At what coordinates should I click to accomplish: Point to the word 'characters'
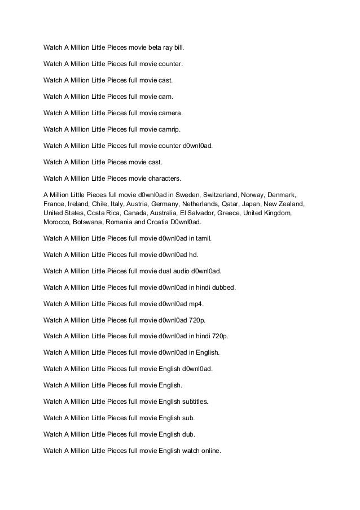pyautogui.click(x=162, y=178)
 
